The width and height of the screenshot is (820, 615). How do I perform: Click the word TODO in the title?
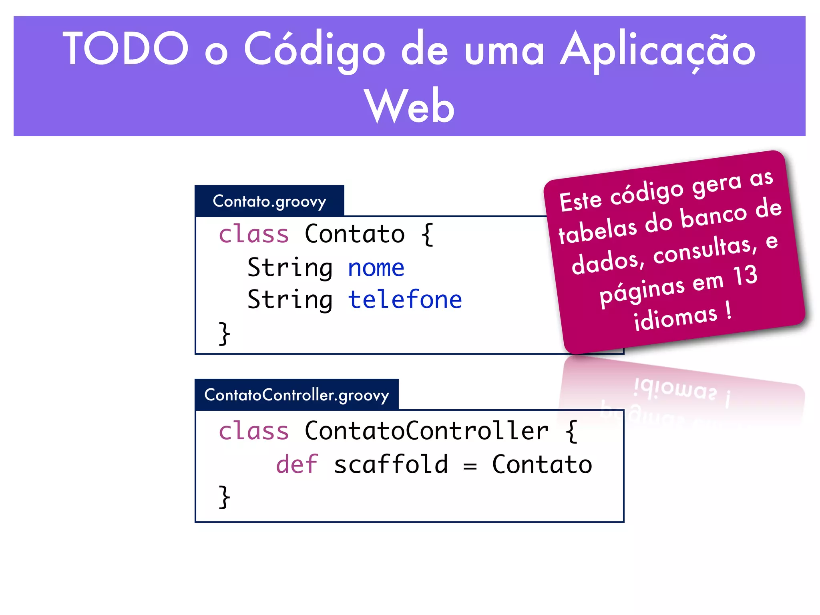tap(125, 48)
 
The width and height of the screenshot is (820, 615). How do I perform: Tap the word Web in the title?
tap(409, 106)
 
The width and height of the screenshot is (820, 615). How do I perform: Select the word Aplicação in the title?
tap(657, 50)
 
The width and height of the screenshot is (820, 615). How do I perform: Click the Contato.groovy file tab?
tap(269, 201)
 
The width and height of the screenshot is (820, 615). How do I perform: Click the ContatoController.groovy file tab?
tap(297, 395)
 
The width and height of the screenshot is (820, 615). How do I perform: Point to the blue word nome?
tap(376, 267)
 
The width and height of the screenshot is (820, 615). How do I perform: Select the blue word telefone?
tap(405, 299)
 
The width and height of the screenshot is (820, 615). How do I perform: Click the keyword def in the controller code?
tap(297, 464)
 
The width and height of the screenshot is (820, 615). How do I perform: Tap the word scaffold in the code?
tap(391, 464)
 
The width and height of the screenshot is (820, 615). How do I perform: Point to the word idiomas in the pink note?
tap(675, 318)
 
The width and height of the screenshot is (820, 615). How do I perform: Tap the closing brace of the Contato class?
tap(224, 333)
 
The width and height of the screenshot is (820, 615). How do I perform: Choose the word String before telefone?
tap(290, 300)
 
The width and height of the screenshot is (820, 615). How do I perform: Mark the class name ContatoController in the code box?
tap(426, 431)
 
